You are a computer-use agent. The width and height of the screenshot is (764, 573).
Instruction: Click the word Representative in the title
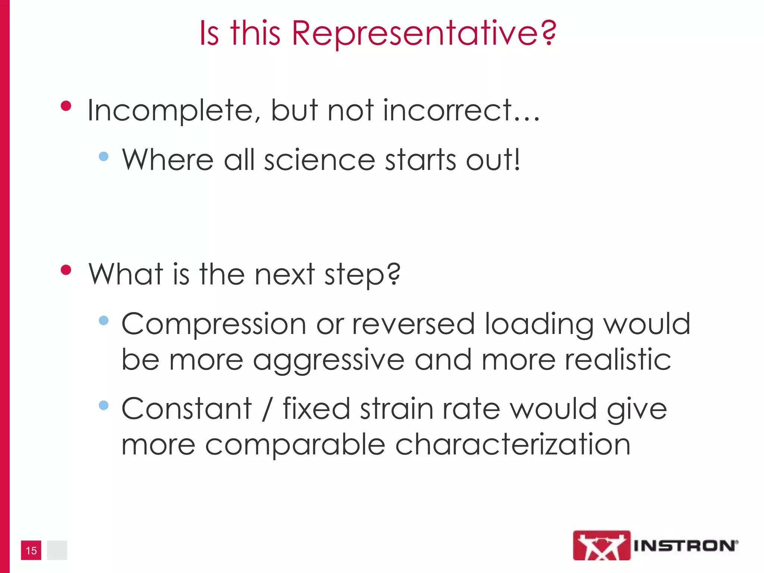point(414,34)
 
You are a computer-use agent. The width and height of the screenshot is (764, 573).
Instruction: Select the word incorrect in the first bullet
point(448,111)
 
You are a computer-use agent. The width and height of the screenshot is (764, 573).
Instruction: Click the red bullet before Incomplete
point(66,106)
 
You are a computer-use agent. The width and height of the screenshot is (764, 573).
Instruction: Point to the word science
point(319,160)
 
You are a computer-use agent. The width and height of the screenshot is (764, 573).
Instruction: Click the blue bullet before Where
point(104,156)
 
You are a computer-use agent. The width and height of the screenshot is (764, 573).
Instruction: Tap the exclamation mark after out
point(516,159)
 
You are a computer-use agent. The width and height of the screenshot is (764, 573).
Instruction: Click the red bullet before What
point(66,270)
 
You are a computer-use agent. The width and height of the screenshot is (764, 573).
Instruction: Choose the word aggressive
point(329,360)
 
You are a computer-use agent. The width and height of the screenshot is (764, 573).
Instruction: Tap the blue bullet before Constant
point(104,405)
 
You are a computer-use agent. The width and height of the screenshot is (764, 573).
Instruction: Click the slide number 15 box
point(31,550)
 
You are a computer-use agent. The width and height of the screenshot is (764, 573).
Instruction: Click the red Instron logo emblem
point(601,545)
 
